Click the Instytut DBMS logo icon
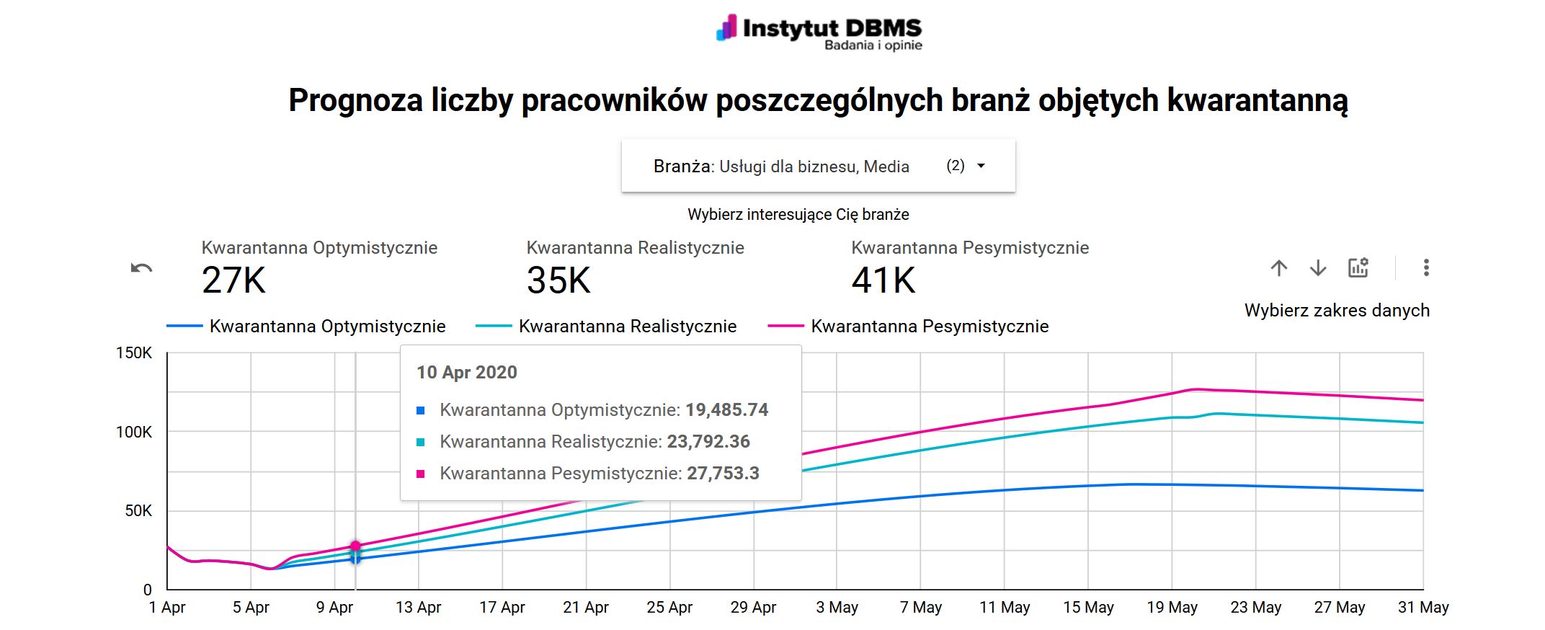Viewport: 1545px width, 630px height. tap(727, 27)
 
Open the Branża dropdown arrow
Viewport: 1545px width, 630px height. tap(981, 166)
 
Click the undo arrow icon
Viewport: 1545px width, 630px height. tap(141, 269)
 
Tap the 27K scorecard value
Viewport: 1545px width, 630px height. tap(234, 280)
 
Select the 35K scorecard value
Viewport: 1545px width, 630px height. tap(558, 280)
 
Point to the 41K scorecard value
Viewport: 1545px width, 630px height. tap(883, 280)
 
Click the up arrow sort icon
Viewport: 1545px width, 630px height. tap(1279, 268)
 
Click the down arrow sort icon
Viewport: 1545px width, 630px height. tap(1318, 268)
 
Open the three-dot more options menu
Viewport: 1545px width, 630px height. tap(1426, 268)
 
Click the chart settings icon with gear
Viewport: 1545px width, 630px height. tap(1358, 268)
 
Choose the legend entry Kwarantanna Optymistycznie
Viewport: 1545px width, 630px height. tap(327, 327)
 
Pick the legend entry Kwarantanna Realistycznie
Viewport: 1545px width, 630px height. tap(627, 327)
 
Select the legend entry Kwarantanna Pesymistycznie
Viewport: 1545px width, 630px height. tap(929, 327)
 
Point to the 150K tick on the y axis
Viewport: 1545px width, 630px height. tap(134, 353)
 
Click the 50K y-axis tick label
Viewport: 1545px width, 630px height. tap(138, 511)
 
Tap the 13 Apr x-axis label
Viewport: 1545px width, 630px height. tap(418, 608)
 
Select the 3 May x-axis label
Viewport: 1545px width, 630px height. tap(837, 608)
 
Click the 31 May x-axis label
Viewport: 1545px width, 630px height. tap(1422, 608)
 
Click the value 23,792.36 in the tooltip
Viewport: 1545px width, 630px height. tap(708, 442)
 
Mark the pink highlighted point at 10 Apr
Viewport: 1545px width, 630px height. tap(355, 546)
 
